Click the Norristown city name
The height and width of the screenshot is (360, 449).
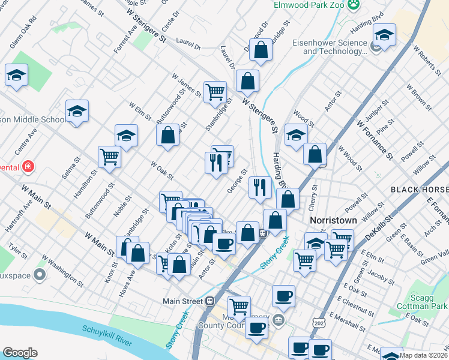pos(333,220)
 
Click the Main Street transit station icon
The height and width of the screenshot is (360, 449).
pos(209,301)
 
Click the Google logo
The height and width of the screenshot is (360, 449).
pos(20,352)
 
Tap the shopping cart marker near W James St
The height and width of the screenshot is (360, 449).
pos(215,92)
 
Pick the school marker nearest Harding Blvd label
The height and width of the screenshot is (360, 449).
pos(384,37)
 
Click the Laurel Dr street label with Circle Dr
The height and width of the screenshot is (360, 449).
pos(188,41)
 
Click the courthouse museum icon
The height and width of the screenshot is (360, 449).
pos(278,319)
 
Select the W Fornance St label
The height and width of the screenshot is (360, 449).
pos(374,140)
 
